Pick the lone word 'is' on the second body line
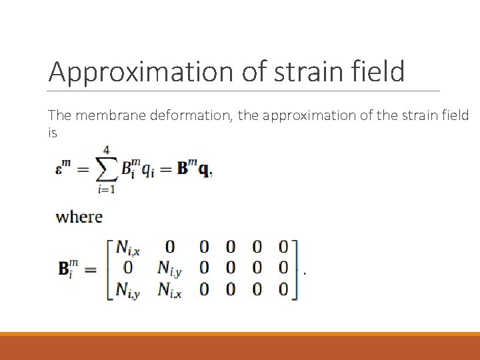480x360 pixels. point(53,133)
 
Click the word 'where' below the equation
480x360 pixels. point(79,217)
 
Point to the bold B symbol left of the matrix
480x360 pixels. point(67,269)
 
